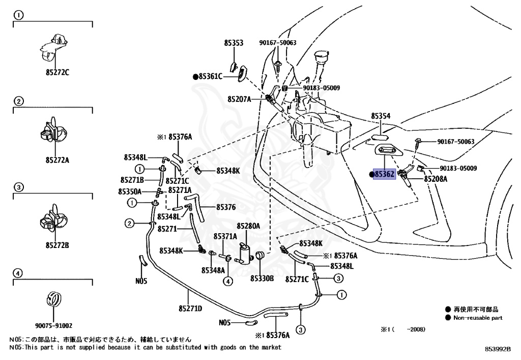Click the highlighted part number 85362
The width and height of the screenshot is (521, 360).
coord(385,175)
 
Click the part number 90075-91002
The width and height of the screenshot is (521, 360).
coord(54,326)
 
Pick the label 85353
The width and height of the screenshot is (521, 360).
coord(234,43)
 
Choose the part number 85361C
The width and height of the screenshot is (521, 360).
coord(211,77)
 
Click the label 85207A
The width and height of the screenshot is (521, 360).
coord(239,99)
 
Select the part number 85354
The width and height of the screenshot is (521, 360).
coord(381,116)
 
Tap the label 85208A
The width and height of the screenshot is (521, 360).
coord(436,179)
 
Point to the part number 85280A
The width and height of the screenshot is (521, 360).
coord(248,226)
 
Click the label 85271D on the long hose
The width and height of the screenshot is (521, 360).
coord(190,308)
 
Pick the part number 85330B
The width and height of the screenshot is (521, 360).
coord(262,279)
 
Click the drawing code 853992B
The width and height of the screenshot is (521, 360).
coord(497,349)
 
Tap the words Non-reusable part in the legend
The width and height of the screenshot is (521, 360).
coord(478,318)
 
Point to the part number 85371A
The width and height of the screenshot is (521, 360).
coord(225,236)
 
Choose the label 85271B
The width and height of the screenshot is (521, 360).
coord(132,180)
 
